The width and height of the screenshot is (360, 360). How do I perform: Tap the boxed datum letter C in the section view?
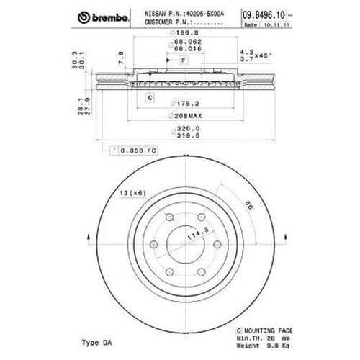150,96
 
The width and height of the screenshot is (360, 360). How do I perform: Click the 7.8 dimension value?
121,56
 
